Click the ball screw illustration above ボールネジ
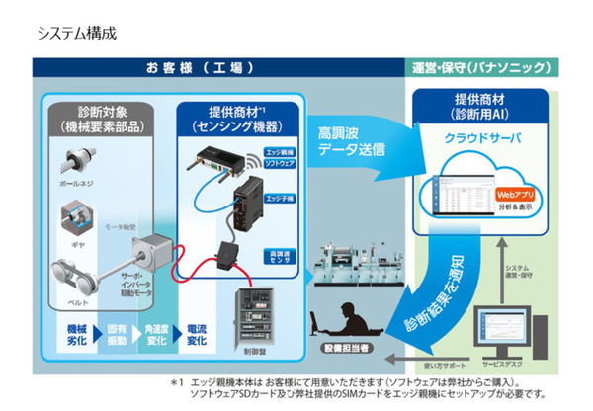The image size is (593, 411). click(x=82, y=160)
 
